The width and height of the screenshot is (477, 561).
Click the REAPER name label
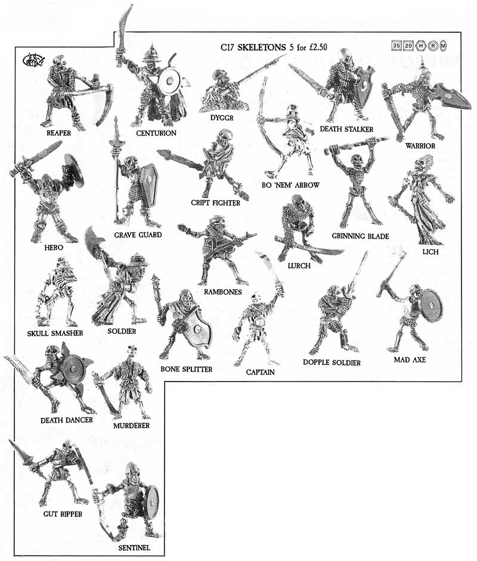[58, 133]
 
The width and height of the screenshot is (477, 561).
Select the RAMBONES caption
[223, 292]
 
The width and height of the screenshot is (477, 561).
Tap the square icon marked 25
[396, 45]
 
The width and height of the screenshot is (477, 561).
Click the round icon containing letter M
[444, 45]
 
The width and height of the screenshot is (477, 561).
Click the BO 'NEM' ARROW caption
[290, 185]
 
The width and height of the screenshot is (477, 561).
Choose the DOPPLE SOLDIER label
[332, 362]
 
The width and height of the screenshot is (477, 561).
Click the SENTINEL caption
[134, 548]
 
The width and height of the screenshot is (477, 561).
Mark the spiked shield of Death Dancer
[72, 369]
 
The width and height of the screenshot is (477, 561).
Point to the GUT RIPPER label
[63, 514]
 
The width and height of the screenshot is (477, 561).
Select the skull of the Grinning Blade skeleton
[357, 160]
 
